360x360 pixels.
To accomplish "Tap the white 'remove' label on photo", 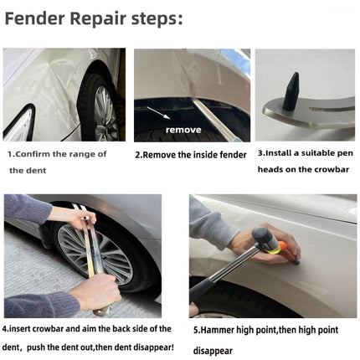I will [x=183, y=130].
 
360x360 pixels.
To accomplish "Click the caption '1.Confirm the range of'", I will [x=58, y=154].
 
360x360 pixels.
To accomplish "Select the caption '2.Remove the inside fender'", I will [x=190, y=154].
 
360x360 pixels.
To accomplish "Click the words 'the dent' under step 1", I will [x=28, y=171].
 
